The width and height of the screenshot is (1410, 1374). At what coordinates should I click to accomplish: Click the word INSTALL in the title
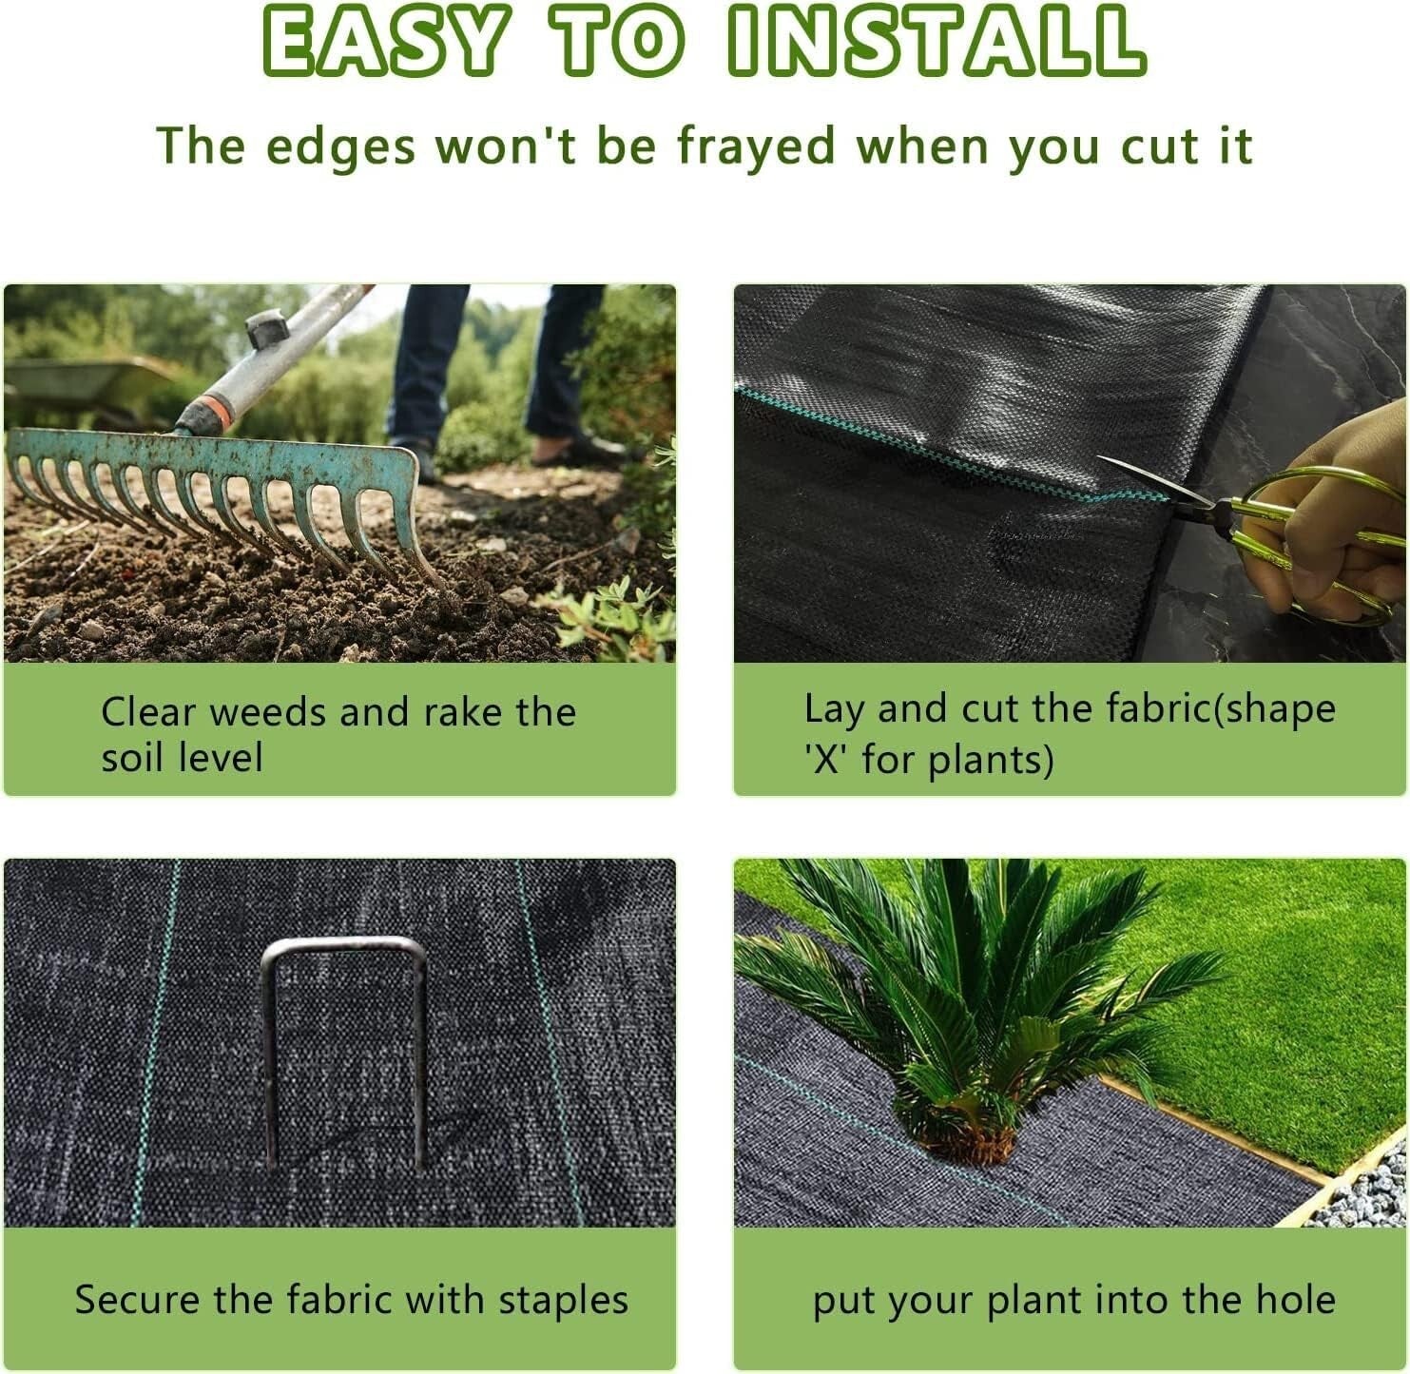click(936, 43)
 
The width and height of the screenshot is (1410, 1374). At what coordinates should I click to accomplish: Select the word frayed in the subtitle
click(756, 147)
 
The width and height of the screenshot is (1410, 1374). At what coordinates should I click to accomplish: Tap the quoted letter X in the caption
click(827, 761)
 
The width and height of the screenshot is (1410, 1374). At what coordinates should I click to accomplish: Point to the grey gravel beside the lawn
click(1369, 1193)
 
